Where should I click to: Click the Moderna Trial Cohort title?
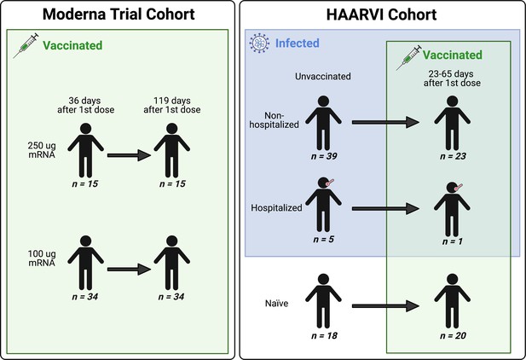click(x=118, y=15)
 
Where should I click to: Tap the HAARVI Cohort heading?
click(x=381, y=15)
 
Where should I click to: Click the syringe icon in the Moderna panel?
click(x=26, y=46)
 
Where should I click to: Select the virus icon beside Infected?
click(x=259, y=44)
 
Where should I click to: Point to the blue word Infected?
click(x=298, y=44)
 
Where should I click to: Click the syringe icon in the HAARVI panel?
click(x=408, y=57)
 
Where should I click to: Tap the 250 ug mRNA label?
click(x=42, y=150)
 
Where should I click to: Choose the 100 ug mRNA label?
click(x=42, y=258)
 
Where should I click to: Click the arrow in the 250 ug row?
click(x=129, y=155)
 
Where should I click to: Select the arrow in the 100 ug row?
click(x=129, y=269)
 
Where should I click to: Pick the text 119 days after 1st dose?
click(x=172, y=105)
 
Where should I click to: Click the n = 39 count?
click(x=324, y=156)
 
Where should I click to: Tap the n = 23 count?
click(x=453, y=156)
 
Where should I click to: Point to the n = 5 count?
click(x=323, y=240)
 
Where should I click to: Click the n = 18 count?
click(x=324, y=335)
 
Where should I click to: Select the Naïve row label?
click(x=277, y=303)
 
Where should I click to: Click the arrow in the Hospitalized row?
click(x=385, y=208)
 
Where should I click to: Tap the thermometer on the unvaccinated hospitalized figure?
click(x=329, y=183)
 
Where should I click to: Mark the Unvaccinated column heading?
click(x=323, y=76)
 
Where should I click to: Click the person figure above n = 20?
click(x=452, y=301)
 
